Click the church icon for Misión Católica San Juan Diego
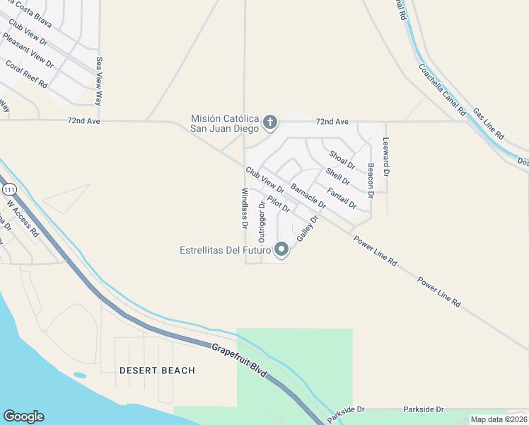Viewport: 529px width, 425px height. click(269, 123)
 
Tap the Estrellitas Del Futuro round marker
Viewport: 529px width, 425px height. click(281, 249)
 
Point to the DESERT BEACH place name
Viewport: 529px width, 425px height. click(157, 370)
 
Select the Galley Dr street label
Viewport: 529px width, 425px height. click(308, 229)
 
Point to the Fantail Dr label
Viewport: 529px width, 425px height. click(342, 198)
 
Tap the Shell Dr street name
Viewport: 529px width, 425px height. click(337, 176)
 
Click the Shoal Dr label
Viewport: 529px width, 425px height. click(342, 159)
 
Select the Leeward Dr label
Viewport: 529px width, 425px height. click(386, 157)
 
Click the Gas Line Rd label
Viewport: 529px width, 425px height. click(489, 124)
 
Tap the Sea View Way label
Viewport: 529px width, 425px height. click(100, 81)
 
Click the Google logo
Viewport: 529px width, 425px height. click(23, 416)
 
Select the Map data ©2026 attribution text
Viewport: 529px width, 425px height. click(498, 419)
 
